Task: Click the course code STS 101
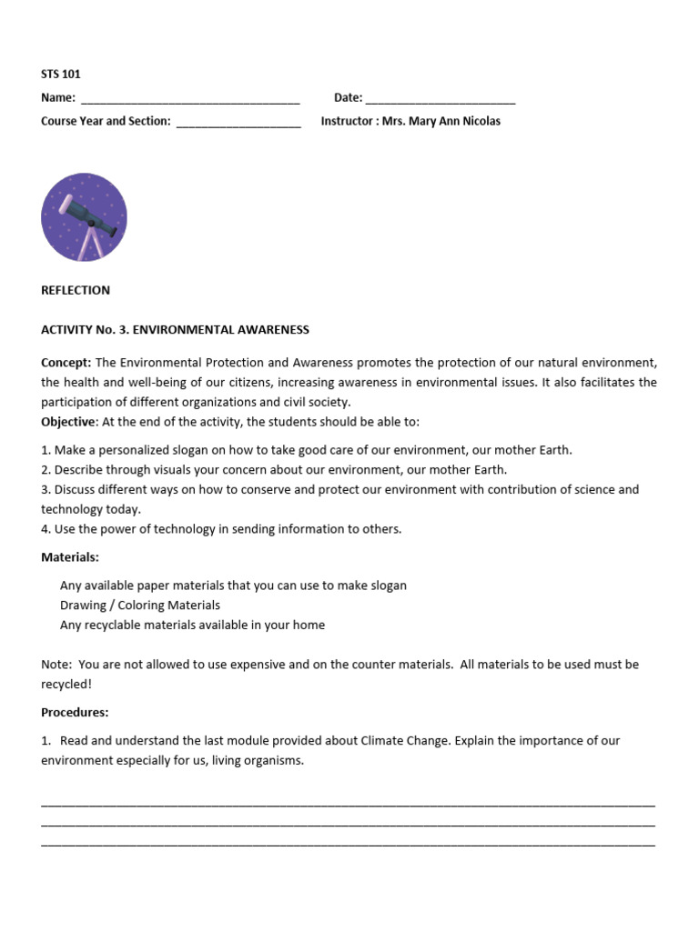(61, 75)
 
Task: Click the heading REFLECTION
(76, 290)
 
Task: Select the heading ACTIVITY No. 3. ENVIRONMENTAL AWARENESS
(175, 330)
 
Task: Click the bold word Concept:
(66, 362)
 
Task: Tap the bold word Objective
(68, 422)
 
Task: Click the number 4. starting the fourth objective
(46, 529)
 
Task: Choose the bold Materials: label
(70, 556)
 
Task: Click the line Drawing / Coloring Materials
(140, 605)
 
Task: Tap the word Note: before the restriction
(56, 665)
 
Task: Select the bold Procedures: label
(75, 712)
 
